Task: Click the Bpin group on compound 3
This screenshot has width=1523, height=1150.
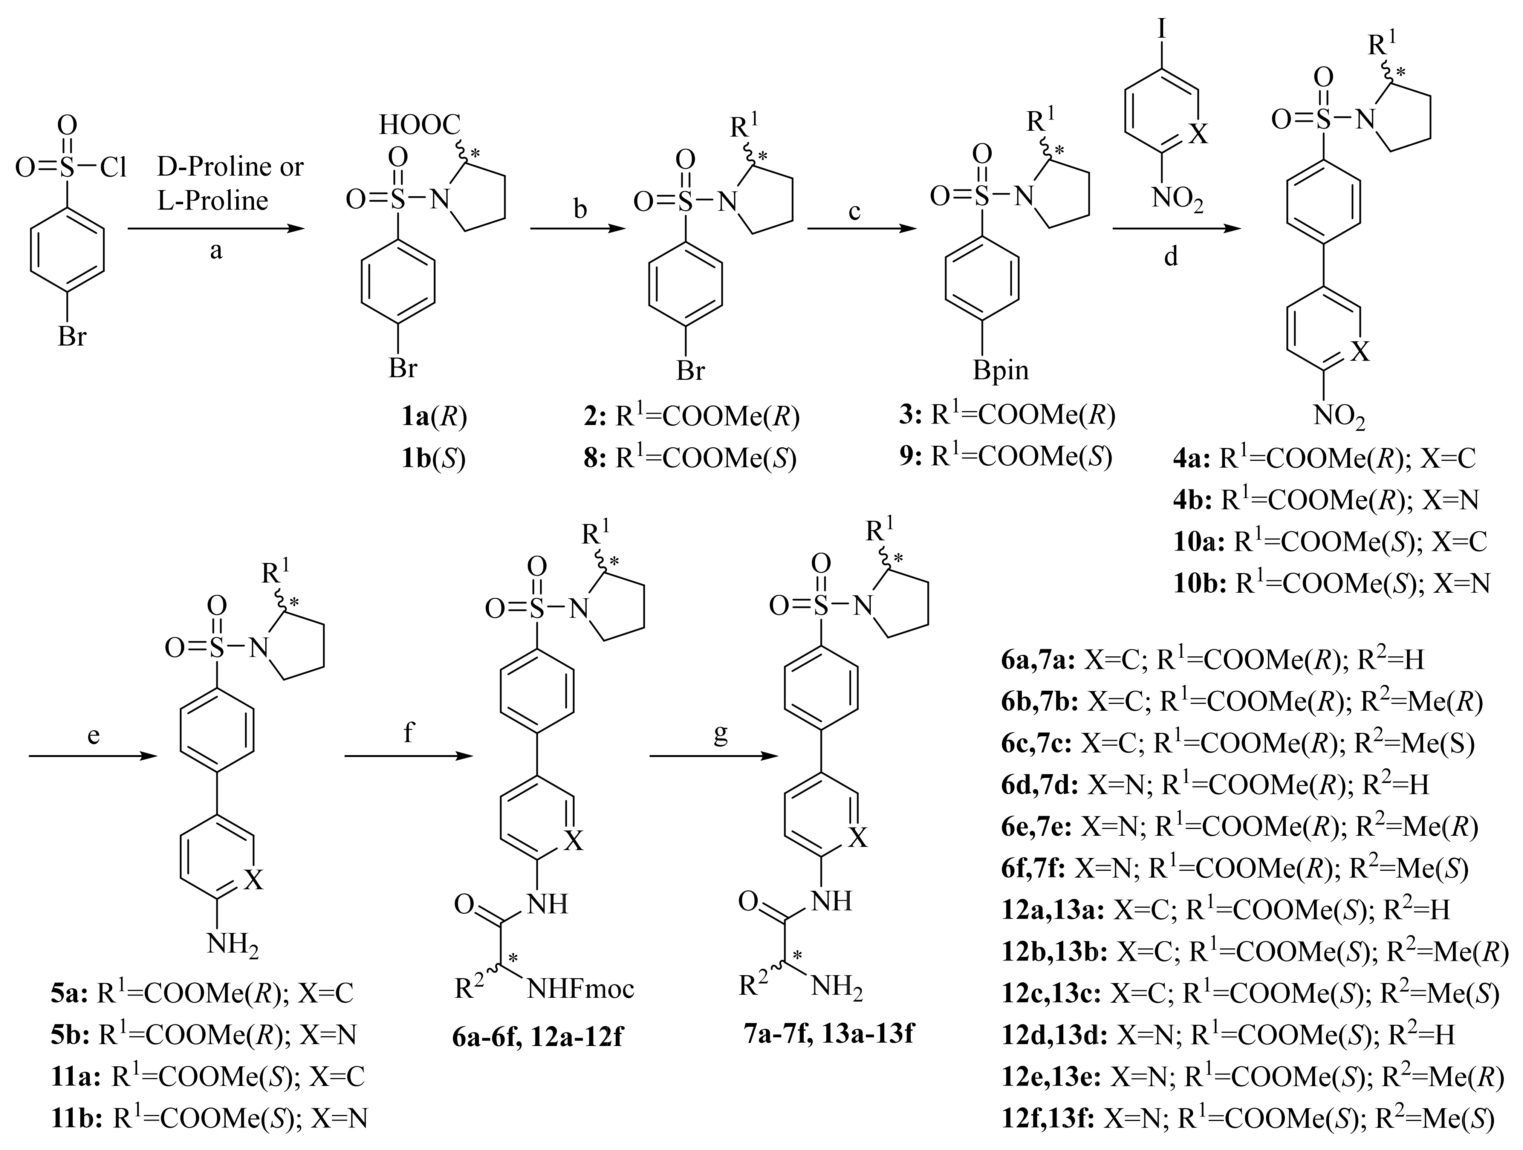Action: pos(1000,370)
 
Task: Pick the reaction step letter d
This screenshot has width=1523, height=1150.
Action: pos(1170,256)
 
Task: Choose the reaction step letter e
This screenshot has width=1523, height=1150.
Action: pos(94,736)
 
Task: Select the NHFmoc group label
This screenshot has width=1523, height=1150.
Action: pos(580,989)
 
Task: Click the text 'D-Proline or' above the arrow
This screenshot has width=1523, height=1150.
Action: pos(230,167)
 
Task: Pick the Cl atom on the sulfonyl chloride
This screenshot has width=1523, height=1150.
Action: pos(113,167)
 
